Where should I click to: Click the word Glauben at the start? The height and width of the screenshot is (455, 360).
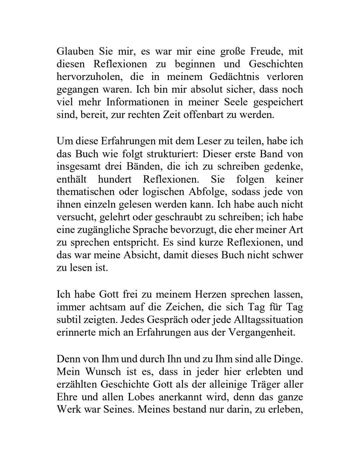coord(75,52)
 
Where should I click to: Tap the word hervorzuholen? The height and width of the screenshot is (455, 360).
coord(88,77)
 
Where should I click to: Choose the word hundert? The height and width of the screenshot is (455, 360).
coord(115,179)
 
